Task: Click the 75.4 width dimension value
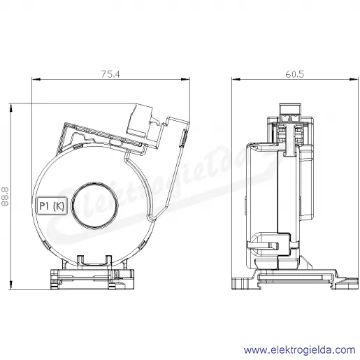(110, 74)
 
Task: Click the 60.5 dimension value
(294, 74)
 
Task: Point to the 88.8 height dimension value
(5, 196)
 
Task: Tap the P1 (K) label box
(52, 206)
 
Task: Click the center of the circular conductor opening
(94, 205)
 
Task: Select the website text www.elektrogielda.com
(300, 350)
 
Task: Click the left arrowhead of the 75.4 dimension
(36, 79)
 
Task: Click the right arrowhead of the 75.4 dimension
(185, 79)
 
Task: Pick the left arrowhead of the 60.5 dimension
(236, 79)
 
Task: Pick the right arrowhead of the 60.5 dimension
(354, 79)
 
